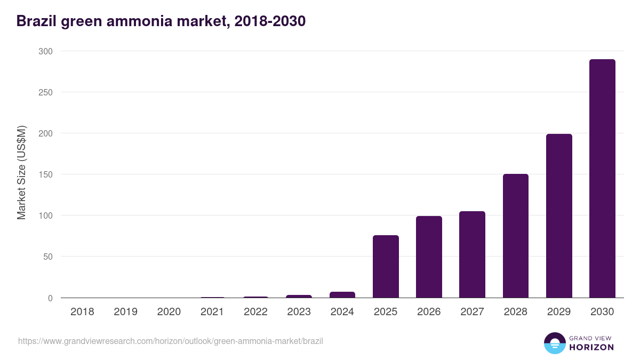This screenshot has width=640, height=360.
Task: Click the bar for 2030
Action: pos(602,179)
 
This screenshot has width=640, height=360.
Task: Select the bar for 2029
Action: pos(559,216)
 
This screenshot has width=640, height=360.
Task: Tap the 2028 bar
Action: pos(516,236)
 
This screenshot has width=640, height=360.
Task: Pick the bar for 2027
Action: pos(472,254)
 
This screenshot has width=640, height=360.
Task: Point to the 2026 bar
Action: pos(429,257)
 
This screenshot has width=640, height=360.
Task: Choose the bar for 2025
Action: pos(386,266)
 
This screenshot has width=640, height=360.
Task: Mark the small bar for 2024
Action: pos(342,294)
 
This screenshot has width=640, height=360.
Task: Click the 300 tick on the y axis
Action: pos(45,51)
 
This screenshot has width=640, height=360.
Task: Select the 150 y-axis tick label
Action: pos(45,174)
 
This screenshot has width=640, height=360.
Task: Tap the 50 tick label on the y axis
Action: pos(47,257)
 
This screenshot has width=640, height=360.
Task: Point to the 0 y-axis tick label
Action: pos(50,298)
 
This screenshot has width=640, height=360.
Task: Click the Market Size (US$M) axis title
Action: pos(21,172)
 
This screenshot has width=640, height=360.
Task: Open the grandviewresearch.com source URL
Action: pos(171,341)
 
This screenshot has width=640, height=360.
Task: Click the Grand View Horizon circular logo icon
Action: pos(554,343)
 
